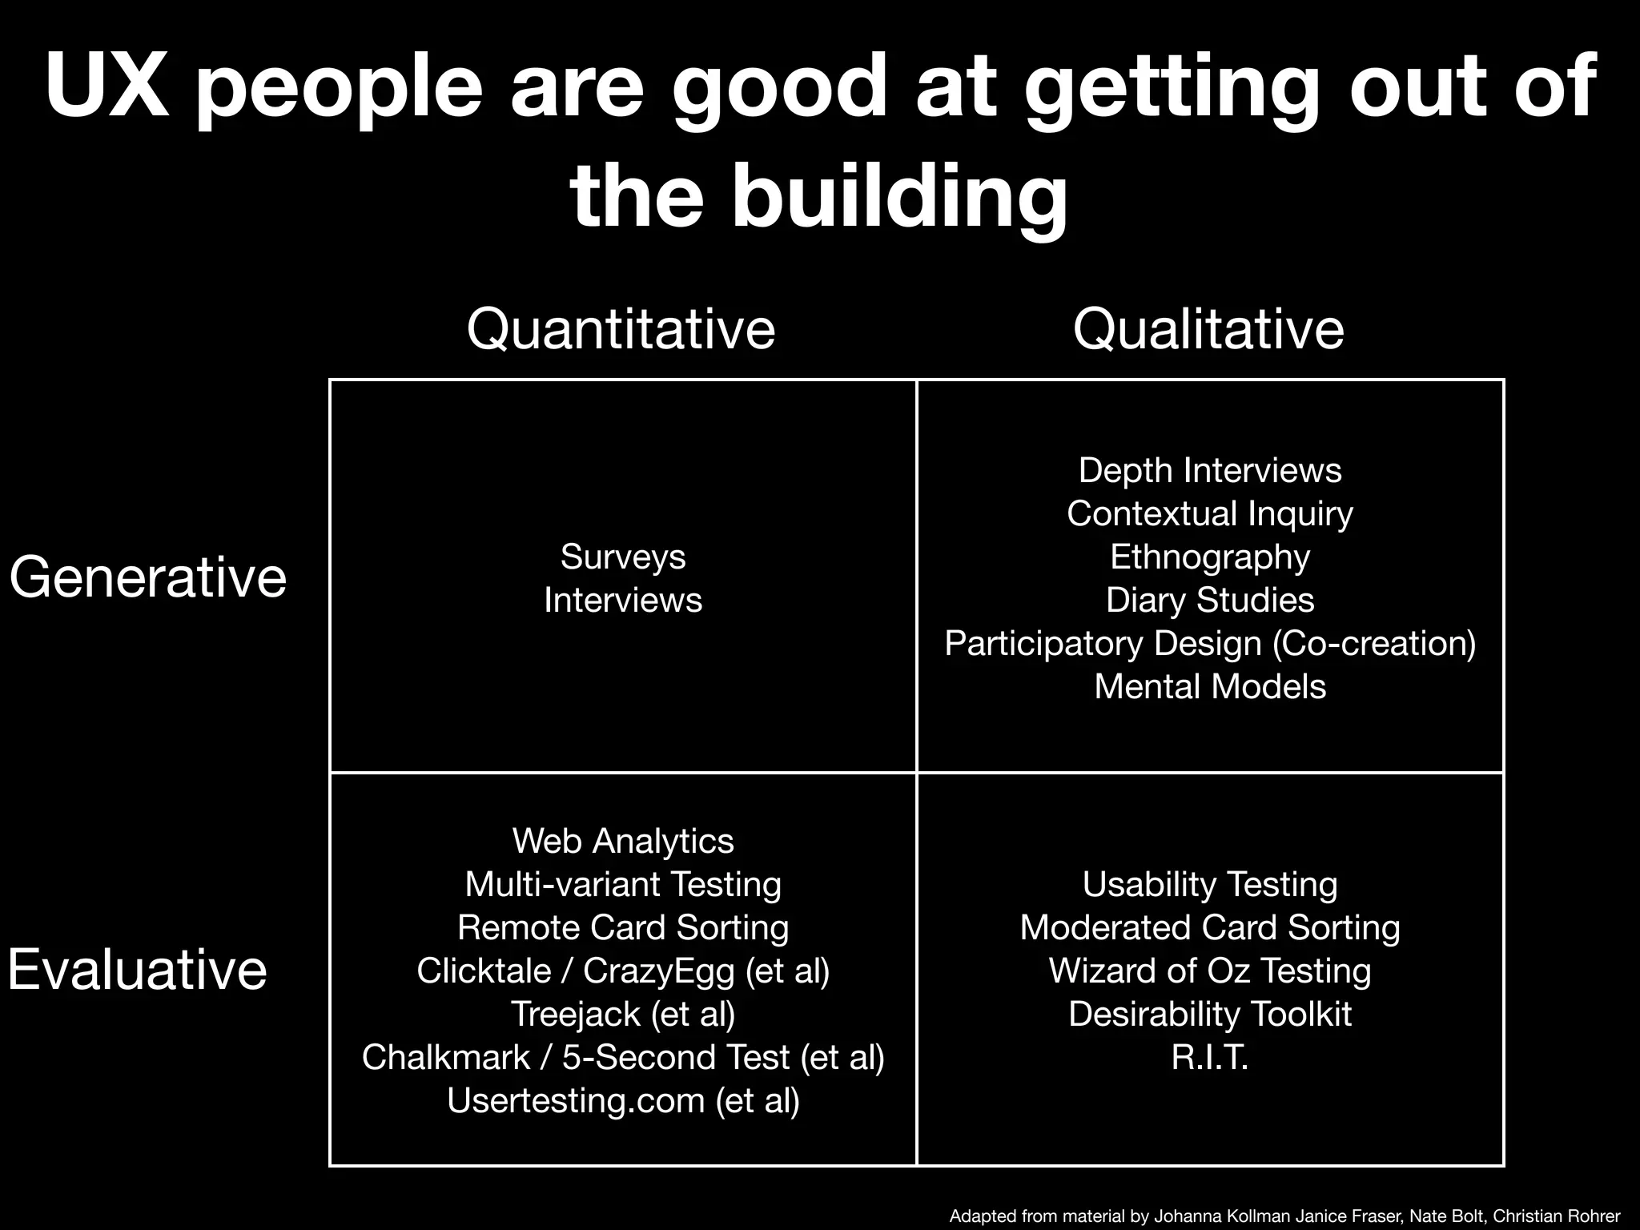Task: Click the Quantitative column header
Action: click(x=621, y=329)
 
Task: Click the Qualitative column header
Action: click(x=1208, y=329)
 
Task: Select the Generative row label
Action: click(x=148, y=577)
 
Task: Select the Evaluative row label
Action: click(x=137, y=970)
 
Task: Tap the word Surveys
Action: click(x=623, y=557)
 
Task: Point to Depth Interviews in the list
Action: click(x=1210, y=471)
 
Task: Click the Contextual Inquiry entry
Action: click(x=1210, y=514)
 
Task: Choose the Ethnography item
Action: click(x=1210, y=557)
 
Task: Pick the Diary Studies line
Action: click(x=1210, y=601)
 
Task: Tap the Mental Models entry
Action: click(x=1210, y=687)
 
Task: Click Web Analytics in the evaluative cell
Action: click(x=623, y=842)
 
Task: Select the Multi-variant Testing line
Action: click(x=623, y=885)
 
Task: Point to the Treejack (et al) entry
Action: click(x=623, y=1015)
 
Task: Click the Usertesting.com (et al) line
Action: click(x=623, y=1101)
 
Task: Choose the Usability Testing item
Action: click(x=1210, y=885)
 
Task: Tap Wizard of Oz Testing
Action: click(x=1210, y=971)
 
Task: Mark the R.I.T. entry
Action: click(x=1210, y=1058)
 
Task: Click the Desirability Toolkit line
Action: click(x=1210, y=1015)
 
